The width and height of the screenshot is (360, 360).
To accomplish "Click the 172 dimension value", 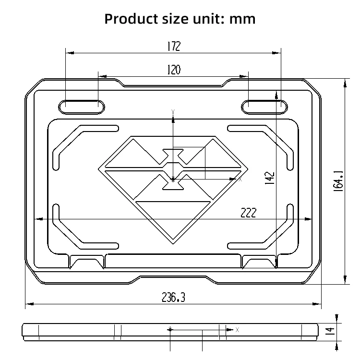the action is [174, 46].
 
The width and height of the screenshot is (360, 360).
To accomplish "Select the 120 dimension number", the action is [174, 70].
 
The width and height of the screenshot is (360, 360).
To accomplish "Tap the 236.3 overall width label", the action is [173, 297].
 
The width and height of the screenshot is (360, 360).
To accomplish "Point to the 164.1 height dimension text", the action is [338, 181].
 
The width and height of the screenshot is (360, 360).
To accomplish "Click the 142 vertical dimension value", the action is [270, 178].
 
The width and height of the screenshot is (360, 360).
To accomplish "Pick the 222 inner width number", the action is [249, 213].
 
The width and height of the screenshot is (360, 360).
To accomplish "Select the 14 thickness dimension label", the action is [330, 331].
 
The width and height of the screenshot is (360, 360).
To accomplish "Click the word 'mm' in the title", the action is [242, 19].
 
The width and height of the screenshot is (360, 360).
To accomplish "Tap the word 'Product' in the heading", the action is [132, 19].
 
